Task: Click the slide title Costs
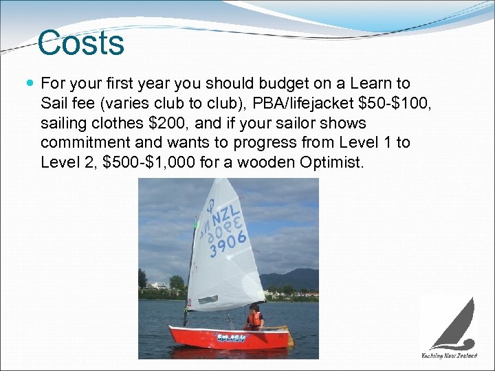pyautogui.click(x=81, y=43)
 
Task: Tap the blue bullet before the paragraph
pyautogui.click(x=30, y=84)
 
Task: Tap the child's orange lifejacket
pyautogui.click(x=256, y=319)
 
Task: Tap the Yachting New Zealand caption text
pyautogui.click(x=449, y=356)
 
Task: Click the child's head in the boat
pyautogui.click(x=254, y=308)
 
